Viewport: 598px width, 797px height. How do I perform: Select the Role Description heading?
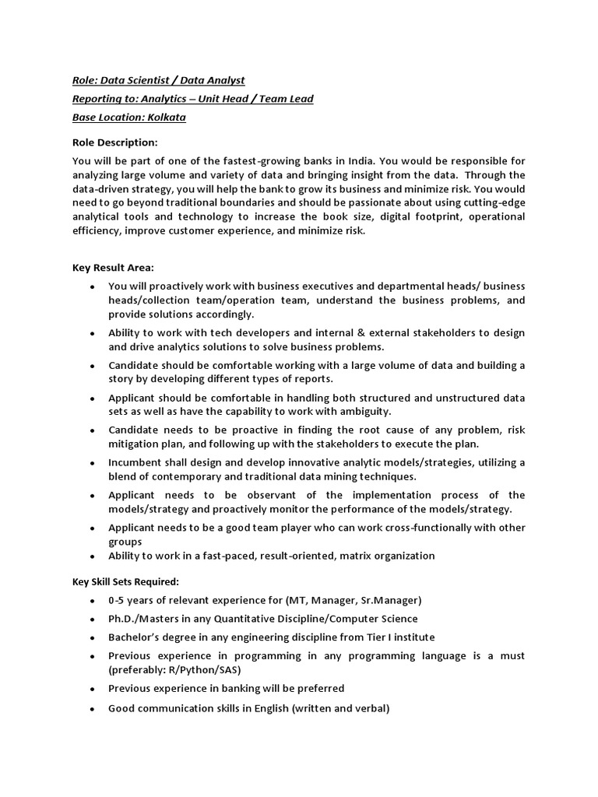(114, 142)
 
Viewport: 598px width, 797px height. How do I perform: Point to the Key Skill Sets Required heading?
(125, 581)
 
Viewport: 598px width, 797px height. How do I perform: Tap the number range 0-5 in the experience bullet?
(118, 601)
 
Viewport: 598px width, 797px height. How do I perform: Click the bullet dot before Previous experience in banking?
(92, 690)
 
